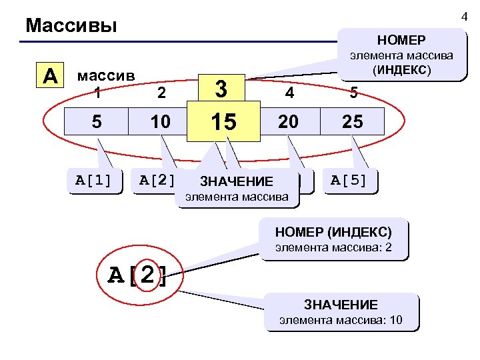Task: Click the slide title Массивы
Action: pos(71,26)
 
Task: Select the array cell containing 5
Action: pos(97,122)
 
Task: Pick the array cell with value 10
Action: pos(161,122)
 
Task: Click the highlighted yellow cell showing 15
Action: pos(223,122)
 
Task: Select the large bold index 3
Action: pos(223,89)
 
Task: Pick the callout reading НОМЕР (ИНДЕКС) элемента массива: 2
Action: pos(333,239)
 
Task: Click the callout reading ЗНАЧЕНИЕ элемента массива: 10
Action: pos(341,312)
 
